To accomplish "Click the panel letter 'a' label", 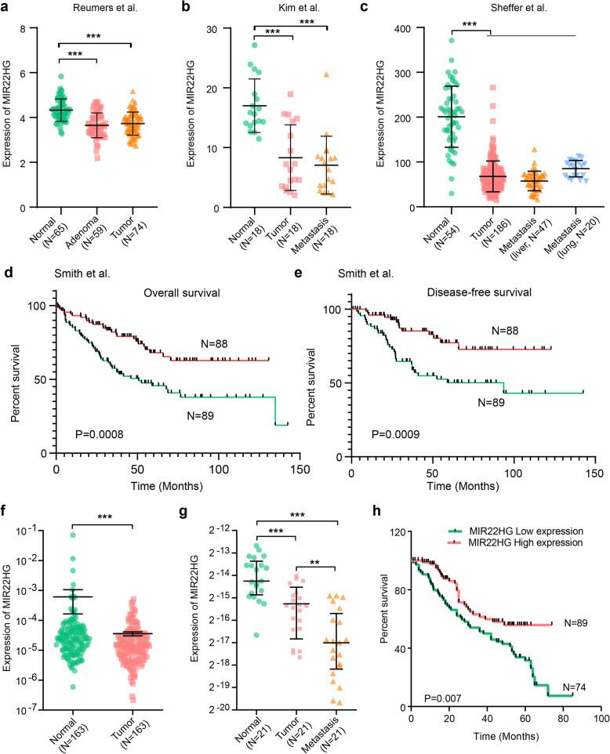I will [x=7, y=9].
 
